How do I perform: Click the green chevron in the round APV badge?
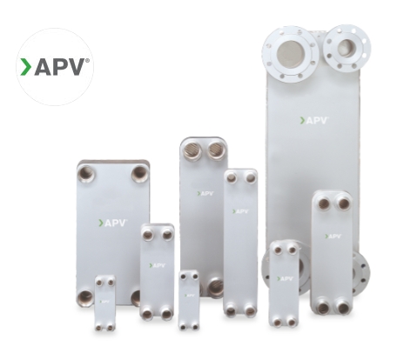(x=25, y=67)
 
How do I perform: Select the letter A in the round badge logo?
(x=44, y=67)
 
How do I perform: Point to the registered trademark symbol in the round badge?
(x=87, y=60)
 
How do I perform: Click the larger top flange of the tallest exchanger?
(x=290, y=54)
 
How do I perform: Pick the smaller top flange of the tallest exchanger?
(x=346, y=48)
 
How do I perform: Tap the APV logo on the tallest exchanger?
(x=314, y=120)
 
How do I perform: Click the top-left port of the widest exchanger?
(x=86, y=174)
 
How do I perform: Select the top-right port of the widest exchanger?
(x=140, y=174)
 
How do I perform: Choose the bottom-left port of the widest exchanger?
(x=85, y=297)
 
